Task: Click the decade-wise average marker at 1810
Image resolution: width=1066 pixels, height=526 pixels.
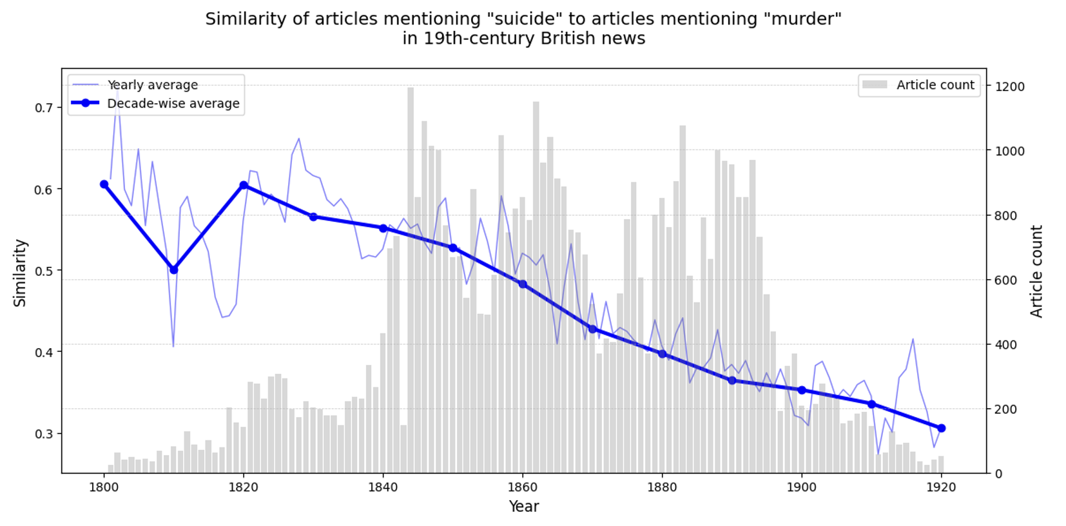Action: (173, 270)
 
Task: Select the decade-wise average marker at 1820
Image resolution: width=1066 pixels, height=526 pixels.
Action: (244, 186)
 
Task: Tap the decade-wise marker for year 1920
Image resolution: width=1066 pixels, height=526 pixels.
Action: (941, 428)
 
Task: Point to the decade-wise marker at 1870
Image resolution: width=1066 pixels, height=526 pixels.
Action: (592, 329)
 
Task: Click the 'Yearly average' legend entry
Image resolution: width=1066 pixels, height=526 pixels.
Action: (152, 85)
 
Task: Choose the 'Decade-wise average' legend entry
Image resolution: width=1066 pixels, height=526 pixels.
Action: (173, 103)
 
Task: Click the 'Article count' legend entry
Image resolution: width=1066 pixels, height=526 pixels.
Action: (935, 85)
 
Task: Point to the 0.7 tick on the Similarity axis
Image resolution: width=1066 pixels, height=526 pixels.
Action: (44, 108)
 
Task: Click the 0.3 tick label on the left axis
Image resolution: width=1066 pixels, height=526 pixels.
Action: (44, 434)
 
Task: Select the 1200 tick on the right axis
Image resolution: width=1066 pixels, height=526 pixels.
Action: (1009, 86)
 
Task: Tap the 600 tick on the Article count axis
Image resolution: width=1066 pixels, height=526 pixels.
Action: (1006, 280)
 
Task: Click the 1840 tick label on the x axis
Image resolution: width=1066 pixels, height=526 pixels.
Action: (383, 487)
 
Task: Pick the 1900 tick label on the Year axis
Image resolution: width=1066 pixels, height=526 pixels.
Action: (801, 487)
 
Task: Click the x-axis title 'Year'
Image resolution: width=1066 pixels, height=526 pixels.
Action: (523, 507)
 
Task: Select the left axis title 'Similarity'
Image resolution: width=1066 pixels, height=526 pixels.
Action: (20, 273)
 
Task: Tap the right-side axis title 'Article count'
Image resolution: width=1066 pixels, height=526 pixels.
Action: (1036, 271)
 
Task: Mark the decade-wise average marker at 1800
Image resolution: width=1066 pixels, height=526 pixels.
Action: (104, 184)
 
